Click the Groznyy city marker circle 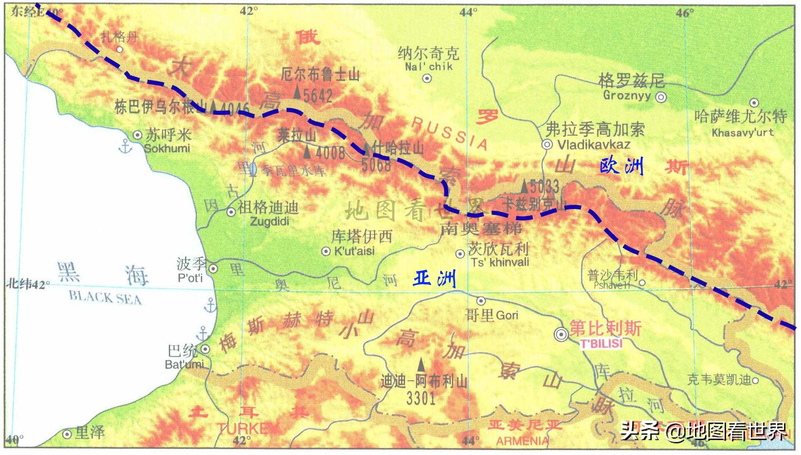click(x=661, y=97)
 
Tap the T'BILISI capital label click(x=601, y=344)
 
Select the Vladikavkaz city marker click(x=547, y=145)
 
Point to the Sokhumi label click(x=167, y=148)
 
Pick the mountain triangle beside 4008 click(x=307, y=152)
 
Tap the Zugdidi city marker click(x=231, y=212)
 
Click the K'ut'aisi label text click(x=354, y=251)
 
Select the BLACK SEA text click(x=105, y=298)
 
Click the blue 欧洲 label click(x=621, y=166)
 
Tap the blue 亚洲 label click(x=434, y=278)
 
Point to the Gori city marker click(x=481, y=300)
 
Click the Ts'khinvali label click(x=500, y=262)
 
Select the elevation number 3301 click(x=420, y=398)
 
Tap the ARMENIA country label click(x=522, y=441)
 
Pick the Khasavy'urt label click(x=742, y=133)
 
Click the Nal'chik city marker click(x=427, y=78)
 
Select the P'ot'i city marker click(x=213, y=268)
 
